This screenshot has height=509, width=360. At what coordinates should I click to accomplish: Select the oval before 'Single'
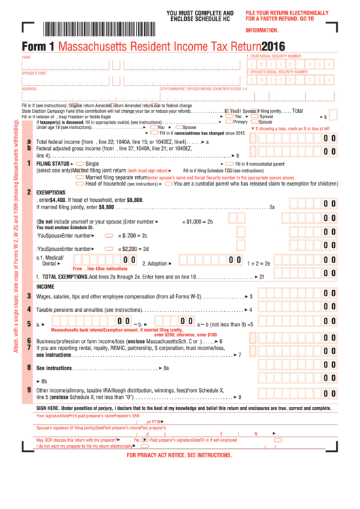80,164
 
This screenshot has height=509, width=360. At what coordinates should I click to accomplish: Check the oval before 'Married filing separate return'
80,177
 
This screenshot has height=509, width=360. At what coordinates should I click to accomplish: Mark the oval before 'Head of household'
80,183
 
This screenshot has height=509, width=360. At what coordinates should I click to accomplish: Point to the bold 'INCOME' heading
45,286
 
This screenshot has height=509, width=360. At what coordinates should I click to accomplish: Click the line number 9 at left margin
29,390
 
